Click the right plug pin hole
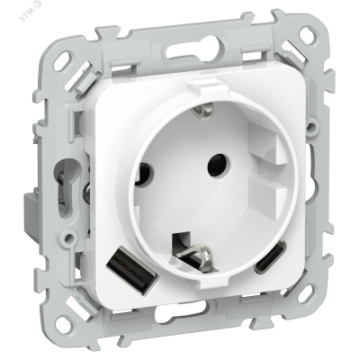(216, 166)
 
